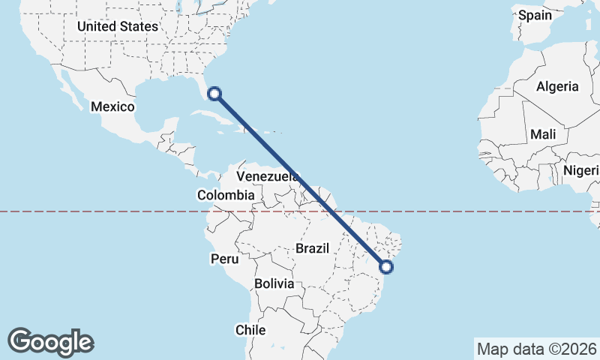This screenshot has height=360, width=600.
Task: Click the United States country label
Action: click(x=118, y=26)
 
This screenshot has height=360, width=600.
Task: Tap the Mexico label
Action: click(x=112, y=106)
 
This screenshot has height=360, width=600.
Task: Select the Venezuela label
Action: click(x=268, y=176)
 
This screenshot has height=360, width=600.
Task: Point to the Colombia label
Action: click(x=226, y=195)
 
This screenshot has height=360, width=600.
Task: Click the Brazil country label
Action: click(x=313, y=247)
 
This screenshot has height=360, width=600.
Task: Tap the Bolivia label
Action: click(x=274, y=284)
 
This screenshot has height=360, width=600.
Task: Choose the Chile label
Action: click(x=250, y=330)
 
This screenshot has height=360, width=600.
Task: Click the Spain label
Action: click(x=535, y=15)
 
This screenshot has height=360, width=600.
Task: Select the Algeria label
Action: click(x=557, y=86)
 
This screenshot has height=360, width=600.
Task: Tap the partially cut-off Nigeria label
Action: click(x=581, y=170)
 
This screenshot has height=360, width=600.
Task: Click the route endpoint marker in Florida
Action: click(x=214, y=94)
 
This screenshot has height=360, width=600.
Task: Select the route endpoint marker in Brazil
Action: click(x=386, y=265)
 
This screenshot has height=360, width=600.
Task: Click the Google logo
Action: click(x=50, y=342)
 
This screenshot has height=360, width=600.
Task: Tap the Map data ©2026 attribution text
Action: click(x=535, y=349)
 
